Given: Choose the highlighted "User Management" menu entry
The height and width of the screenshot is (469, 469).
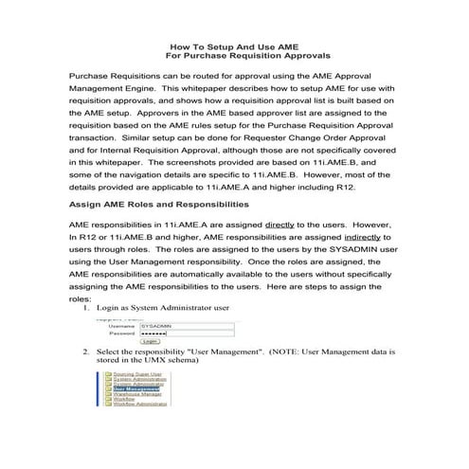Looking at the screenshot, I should pos(135,388).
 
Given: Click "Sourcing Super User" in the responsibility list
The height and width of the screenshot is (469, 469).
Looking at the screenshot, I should pos(137,373).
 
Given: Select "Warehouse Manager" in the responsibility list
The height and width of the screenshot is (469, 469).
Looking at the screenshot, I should pos(136,393).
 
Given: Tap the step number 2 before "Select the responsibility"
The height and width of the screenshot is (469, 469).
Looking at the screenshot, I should pos(87,351).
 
